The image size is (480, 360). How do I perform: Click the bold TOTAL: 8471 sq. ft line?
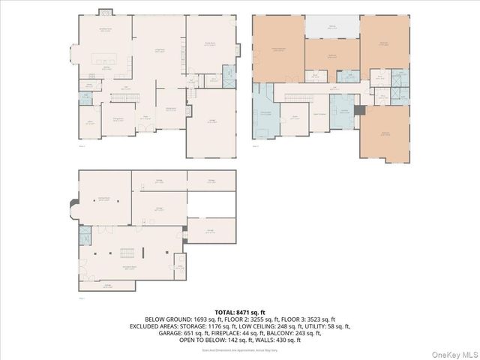tap(240, 311)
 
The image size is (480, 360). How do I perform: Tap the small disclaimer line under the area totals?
tap(240, 349)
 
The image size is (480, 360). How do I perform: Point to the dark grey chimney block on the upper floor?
tap(361, 110)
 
